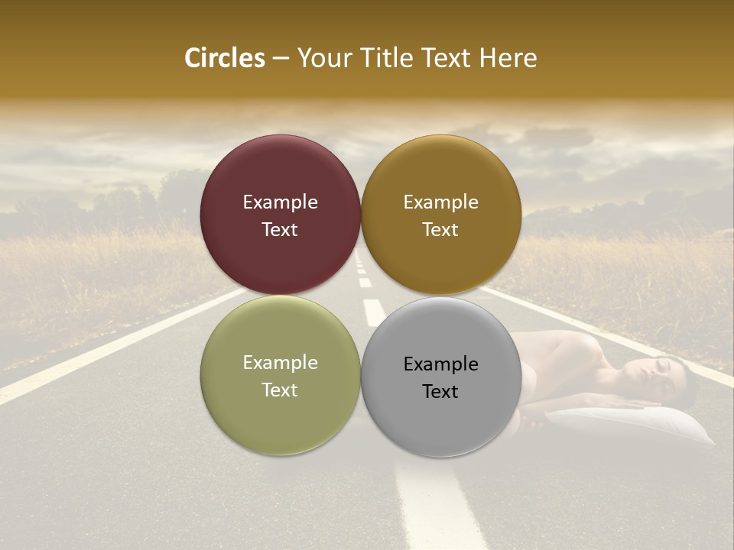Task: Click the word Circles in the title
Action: pos(225,58)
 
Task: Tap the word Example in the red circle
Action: pos(280,202)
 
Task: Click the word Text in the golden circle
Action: pos(440,230)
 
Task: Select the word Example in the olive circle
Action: pos(280,363)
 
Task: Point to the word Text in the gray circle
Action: pos(440,392)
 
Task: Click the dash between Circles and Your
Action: pos(280,58)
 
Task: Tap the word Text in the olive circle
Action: pos(280,390)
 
